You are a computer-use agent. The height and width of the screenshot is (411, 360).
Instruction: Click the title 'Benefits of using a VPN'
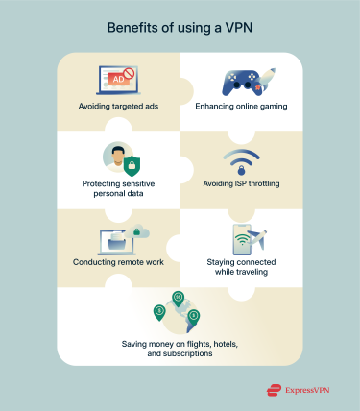click(180, 28)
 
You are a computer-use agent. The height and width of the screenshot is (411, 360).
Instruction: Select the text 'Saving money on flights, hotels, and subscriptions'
click(180, 348)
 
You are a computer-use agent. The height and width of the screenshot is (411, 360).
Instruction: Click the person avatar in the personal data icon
click(113, 157)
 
